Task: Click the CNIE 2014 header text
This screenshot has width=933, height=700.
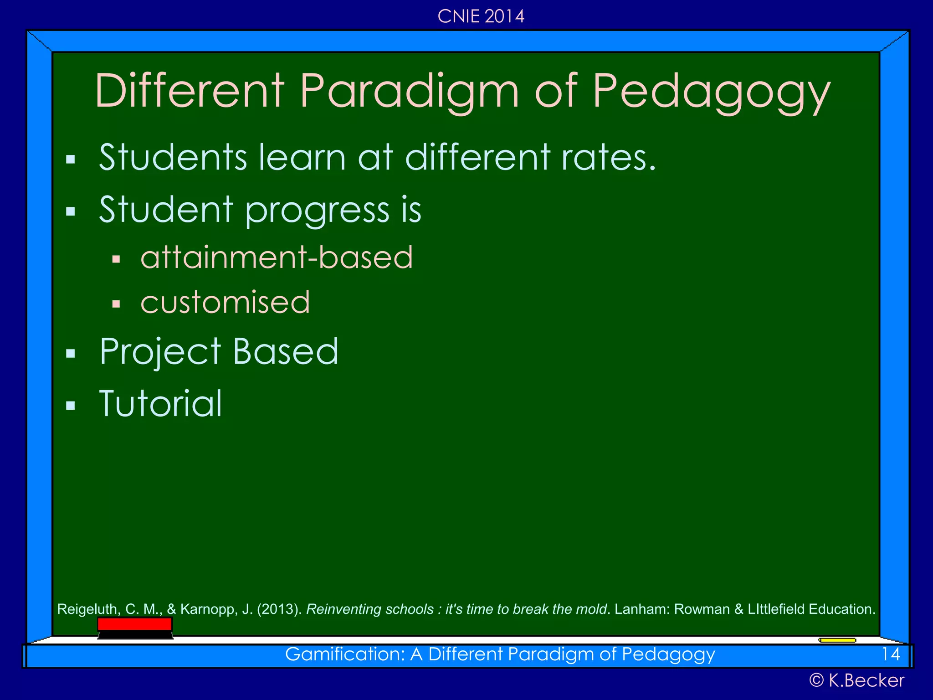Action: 481,16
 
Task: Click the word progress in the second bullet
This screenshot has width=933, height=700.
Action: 317,211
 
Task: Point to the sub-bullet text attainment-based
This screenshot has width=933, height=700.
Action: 277,257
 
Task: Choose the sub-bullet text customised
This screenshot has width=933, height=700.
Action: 225,302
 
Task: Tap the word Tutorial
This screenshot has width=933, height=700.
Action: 160,404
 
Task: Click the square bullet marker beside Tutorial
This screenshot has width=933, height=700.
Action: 70,406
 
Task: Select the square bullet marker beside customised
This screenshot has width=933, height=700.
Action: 116,304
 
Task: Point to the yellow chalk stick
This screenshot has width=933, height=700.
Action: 837,640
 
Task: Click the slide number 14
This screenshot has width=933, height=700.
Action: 891,654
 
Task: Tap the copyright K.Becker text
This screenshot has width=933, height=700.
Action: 856,680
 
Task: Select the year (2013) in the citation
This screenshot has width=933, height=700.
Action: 279,609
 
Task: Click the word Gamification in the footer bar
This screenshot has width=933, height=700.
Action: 344,654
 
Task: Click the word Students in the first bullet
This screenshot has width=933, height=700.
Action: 173,157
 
